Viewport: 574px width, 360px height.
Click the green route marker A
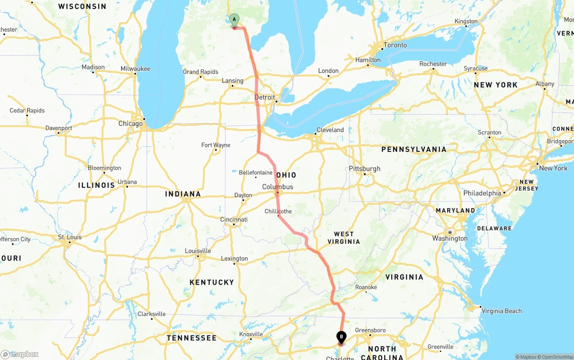tap(234, 20)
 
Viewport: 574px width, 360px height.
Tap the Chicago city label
tap(130, 124)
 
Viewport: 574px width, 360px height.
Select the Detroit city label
tap(265, 97)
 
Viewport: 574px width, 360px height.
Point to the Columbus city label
tap(278, 187)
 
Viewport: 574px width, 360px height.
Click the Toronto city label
tap(395, 45)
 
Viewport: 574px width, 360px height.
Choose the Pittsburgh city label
tap(365, 169)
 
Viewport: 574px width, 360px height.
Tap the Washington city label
tap(450, 239)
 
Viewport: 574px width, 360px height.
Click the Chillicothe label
tap(278, 211)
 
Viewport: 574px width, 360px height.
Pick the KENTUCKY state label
tap(212, 282)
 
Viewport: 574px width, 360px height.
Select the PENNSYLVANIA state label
tap(414, 149)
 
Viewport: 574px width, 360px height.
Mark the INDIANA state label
tap(183, 194)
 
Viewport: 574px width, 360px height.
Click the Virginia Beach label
tap(501, 311)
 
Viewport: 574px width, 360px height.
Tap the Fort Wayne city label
tap(216, 145)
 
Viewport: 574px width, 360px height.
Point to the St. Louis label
tap(70, 237)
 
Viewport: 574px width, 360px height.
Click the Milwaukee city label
tap(135, 69)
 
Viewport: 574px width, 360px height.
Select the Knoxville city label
tap(251, 334)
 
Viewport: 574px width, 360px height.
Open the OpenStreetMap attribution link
tap(556, 357)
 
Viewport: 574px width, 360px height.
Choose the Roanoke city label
tap(366, 287)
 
